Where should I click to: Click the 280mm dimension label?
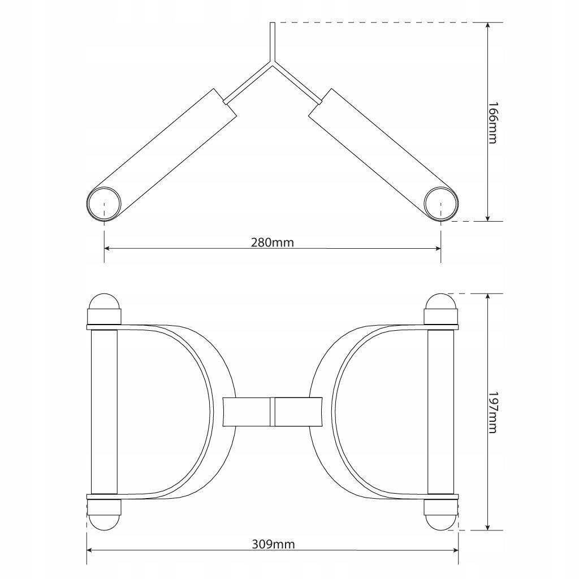click(273, 243)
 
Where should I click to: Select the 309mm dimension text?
click(273, 545)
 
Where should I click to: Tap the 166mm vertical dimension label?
click(493, 123)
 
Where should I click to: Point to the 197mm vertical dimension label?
click(493, 412)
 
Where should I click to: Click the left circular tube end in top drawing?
click(104, 204)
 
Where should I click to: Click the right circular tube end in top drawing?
click(441, 204)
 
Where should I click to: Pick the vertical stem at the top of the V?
click(273, 42)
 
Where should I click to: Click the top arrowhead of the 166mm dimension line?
click(488, 26)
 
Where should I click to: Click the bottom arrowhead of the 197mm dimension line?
click(488, 527)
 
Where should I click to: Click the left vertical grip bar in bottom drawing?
click(104, 412)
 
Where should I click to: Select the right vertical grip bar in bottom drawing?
click(441, 412)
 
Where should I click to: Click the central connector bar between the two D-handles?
click(273, 412)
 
